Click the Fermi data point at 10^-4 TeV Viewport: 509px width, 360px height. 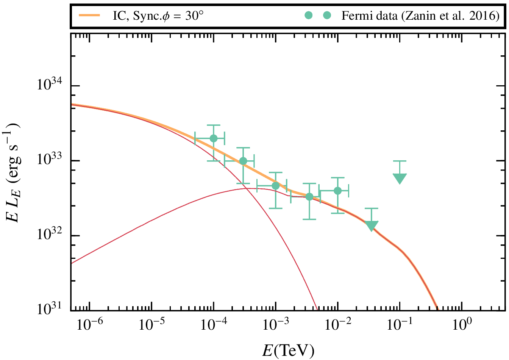coord(214,138)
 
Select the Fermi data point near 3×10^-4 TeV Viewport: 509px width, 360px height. coord(243,161)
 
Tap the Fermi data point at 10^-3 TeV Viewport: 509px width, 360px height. coord(276,186)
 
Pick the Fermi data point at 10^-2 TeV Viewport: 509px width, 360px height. coord(337,191)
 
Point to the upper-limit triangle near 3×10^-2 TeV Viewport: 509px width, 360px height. coord(372,225)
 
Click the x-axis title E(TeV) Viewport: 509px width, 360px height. coord(288,351)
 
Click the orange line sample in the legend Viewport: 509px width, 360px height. coord(89,16)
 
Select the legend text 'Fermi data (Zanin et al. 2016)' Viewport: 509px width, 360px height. coord(420,16)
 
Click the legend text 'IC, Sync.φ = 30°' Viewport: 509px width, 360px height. coord(159,16)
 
